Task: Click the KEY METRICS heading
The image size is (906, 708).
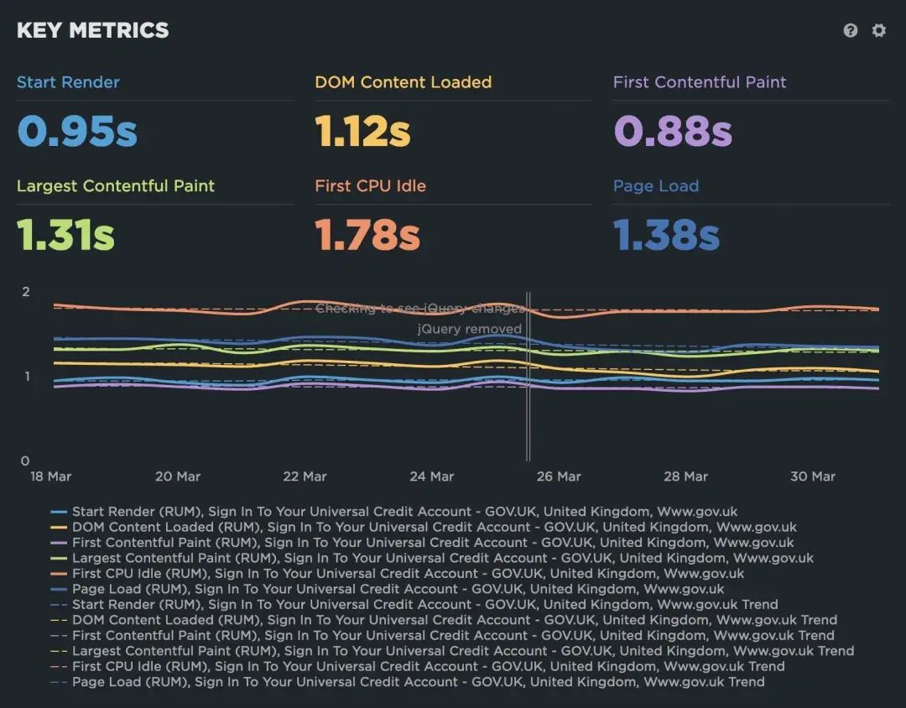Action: point(92,30)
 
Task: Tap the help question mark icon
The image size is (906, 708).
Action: point(851,30)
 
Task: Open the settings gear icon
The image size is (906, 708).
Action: point(878,30)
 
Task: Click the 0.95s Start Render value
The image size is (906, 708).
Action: point(77,131)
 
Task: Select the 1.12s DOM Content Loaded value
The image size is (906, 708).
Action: point(362,131)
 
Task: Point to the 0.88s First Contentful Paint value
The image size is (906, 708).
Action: point(673,131)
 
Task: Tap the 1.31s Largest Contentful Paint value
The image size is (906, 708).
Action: point(65,235)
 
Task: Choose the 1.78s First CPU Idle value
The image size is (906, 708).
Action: point(367,235)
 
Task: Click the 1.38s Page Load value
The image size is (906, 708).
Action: point(666,235)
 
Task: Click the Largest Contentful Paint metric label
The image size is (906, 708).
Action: point(116,186)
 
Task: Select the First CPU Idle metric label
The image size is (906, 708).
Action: point(370,186)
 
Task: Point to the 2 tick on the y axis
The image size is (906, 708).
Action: point(25,292)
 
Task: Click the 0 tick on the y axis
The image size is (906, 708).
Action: point(25,461)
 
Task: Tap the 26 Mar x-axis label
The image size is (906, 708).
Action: point(558,476)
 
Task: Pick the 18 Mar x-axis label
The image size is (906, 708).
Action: point(50,476)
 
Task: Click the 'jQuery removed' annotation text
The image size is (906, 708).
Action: point(470,329)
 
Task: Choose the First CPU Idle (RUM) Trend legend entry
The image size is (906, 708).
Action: point(428,666)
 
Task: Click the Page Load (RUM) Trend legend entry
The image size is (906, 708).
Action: point(418,682)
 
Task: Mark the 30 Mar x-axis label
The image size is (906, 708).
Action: point(812,476)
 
